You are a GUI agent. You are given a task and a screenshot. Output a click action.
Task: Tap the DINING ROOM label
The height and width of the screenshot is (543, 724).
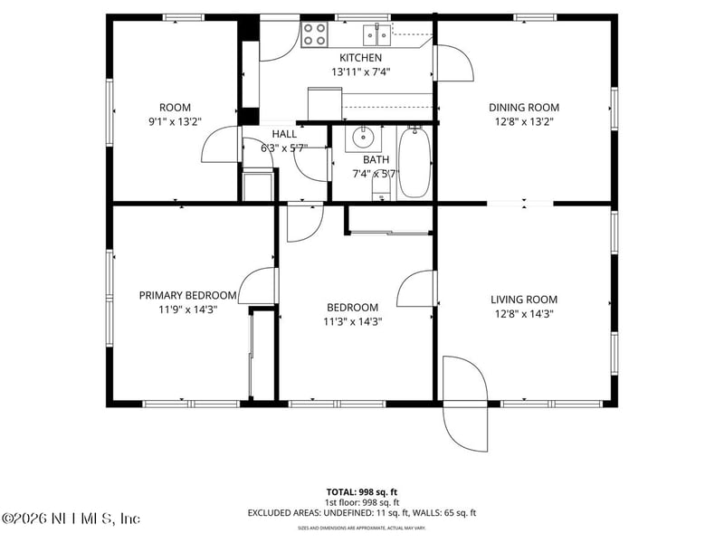point(524,107)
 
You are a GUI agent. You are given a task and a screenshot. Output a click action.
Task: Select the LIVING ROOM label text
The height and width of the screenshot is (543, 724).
point(524,300)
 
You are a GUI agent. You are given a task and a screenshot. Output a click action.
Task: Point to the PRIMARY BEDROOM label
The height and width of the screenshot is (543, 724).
point(187,295)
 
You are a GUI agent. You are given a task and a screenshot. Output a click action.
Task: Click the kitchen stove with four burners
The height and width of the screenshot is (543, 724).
point(314,34)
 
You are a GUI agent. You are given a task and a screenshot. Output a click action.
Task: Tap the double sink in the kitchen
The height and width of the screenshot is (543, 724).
point(377,35)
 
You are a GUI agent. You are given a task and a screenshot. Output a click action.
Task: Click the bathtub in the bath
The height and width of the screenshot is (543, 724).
point(415,163)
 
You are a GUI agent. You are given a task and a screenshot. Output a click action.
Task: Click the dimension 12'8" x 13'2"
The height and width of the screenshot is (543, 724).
point(524,120)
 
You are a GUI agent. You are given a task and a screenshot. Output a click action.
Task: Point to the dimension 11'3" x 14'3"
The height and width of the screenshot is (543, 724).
point(351,321)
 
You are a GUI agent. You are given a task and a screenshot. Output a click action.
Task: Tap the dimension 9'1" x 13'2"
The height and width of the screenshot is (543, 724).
point(175,120)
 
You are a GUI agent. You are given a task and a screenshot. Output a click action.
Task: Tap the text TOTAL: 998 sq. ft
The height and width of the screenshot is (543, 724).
point(361,491)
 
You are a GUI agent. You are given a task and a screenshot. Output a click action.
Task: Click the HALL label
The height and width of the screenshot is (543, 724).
point(284,134)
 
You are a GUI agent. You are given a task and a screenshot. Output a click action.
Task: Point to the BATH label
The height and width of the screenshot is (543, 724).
point(376,159)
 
